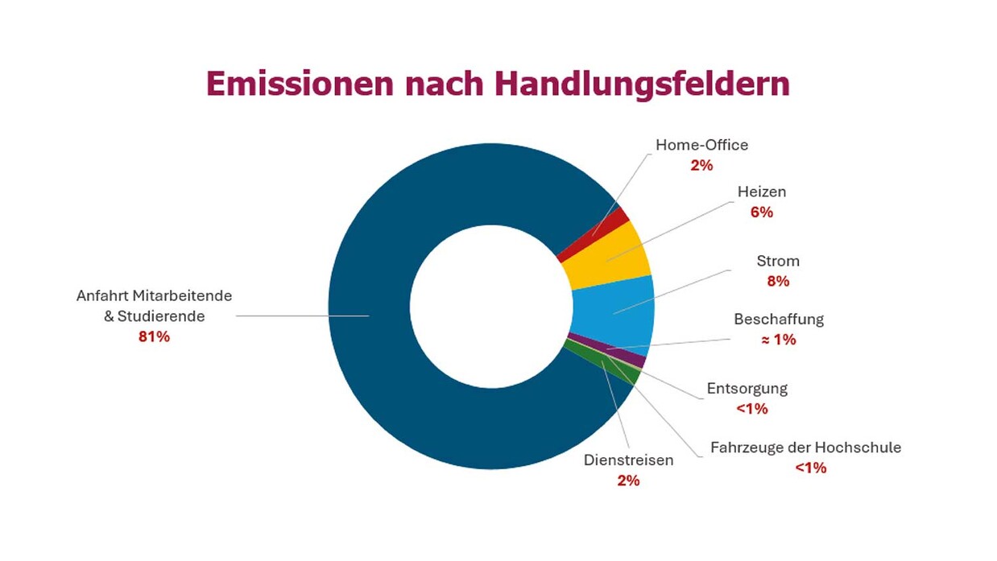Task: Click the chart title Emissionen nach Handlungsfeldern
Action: [498, 84]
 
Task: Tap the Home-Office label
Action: [701, 146]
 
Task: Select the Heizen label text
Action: [761, 192]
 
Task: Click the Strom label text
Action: [778, 262]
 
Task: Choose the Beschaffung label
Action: [778, 320]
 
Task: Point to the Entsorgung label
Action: [747, 389]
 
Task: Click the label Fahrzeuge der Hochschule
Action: [805, 448]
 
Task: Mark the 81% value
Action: [154, 337]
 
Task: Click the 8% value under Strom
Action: [778, 282]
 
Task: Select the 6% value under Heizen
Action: [761, 212]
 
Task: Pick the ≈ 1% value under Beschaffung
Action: [778, 340]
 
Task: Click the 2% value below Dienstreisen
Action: [628, 481]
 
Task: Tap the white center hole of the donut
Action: [490, 306]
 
